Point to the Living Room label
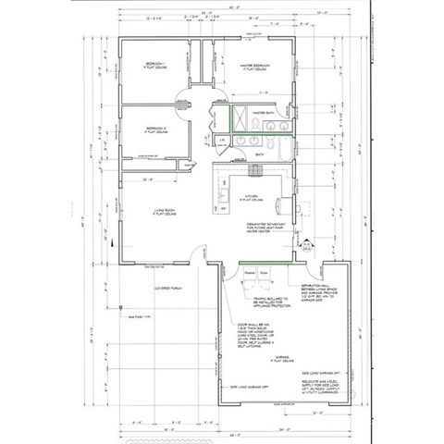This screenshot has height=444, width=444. [x=165, y=213]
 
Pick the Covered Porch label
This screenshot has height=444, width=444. [x=169, y=286]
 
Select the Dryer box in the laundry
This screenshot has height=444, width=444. [x=263, y=275]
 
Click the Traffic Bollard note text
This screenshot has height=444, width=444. [x=270, y=302]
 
